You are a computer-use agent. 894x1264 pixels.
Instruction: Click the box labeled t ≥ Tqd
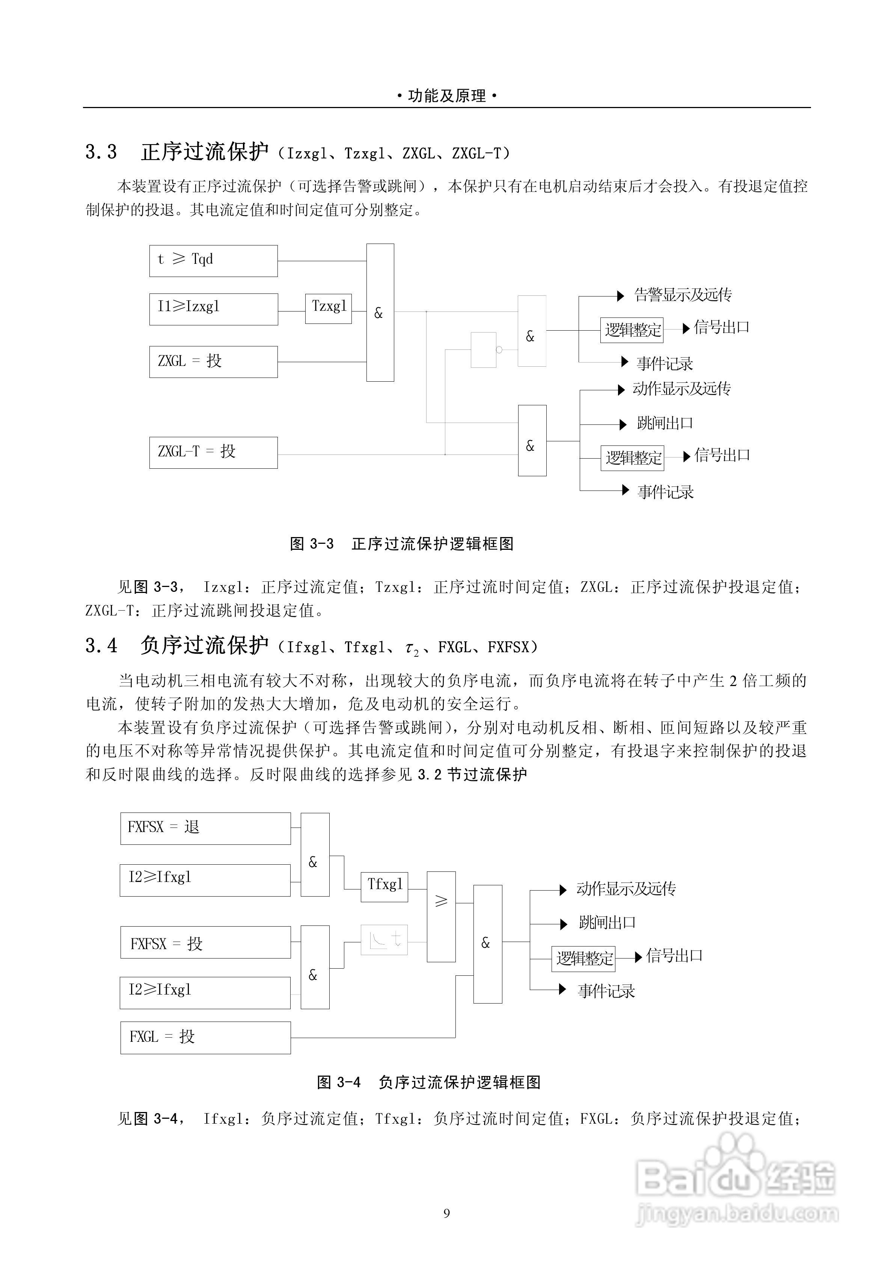(x=213, y=261)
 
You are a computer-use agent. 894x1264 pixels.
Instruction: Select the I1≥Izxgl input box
(x=213, y=309)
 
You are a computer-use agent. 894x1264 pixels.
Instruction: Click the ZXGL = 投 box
(x=213, y=362)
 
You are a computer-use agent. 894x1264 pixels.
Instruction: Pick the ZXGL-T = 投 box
(x=213, y=453)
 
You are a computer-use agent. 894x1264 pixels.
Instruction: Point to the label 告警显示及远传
(x=683, y=295)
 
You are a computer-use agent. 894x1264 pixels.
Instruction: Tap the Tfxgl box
(x=384, y=886)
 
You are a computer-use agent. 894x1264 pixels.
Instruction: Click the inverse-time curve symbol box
(x=384, y=940)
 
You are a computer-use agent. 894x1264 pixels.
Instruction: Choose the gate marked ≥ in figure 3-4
(x=441, y=916)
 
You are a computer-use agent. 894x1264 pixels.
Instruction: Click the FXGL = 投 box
(x=205, y=1038)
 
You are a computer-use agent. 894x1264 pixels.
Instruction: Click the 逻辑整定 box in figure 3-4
(x=583, y=959)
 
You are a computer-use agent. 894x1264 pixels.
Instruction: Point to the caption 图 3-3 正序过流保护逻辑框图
(x=401, y=544)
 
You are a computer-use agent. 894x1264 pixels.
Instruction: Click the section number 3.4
(x=101, y=646)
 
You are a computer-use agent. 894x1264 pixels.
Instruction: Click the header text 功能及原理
(x=447, y=96)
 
